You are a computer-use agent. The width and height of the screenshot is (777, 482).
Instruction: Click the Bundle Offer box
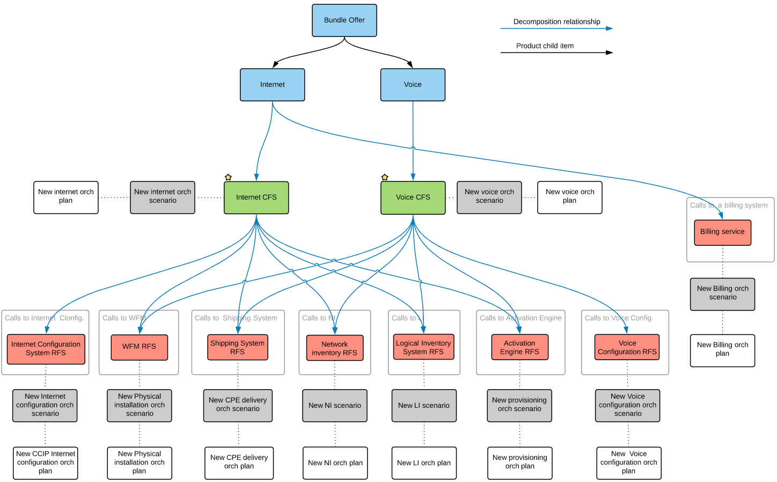344,20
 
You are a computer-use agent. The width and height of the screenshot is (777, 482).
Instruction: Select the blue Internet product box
273,85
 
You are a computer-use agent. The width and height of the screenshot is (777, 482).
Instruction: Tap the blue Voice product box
413,85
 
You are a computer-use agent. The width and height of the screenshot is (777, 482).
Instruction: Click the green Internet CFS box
256,198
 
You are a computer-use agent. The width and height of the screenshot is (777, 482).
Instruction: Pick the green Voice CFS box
413,198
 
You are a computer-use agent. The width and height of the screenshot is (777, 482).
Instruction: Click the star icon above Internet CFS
228,177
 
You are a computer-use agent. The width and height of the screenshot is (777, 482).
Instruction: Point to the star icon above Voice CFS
385,177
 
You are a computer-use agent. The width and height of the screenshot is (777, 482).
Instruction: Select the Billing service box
722,232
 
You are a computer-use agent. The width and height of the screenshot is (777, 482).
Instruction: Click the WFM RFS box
139,347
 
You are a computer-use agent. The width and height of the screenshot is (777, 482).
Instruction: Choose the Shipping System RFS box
237,347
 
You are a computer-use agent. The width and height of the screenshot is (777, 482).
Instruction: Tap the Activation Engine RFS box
519,347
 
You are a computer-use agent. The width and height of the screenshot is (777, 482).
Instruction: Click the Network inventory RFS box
335,348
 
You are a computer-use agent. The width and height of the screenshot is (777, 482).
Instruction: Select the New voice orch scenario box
489,196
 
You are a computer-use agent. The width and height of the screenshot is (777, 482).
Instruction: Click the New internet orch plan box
65,196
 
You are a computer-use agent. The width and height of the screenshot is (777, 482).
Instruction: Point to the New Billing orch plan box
722,350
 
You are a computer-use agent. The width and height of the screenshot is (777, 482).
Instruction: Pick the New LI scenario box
424,406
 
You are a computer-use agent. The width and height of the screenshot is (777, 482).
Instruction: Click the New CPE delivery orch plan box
239,462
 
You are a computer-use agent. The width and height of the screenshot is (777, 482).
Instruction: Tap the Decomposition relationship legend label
556,22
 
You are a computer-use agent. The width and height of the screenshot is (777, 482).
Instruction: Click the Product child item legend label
545,46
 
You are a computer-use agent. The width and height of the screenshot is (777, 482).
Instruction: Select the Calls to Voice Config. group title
618,318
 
